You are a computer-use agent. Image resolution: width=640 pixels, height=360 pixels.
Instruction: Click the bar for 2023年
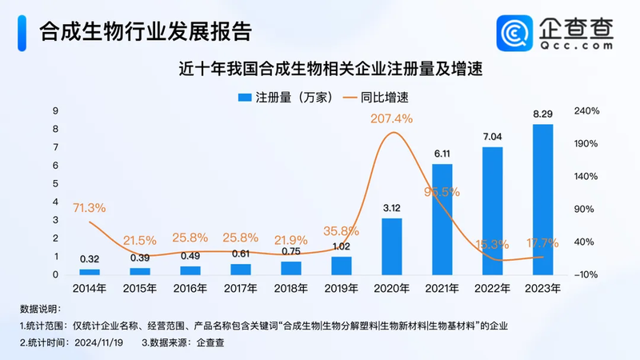[542, 199]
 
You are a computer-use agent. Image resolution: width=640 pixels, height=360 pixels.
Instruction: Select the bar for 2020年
[391, 246]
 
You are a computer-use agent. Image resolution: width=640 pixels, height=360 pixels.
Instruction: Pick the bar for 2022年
[492, 210]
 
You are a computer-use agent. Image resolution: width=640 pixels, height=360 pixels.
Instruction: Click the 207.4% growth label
[391, 118]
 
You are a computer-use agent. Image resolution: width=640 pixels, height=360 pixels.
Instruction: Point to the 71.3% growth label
[89, 207]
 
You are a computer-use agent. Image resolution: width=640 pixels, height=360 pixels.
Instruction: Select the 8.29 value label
[542, 115]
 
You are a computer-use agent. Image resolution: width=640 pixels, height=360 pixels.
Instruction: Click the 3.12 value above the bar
[391, 208]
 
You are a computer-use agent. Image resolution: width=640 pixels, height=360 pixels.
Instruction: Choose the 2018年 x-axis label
[290, 288]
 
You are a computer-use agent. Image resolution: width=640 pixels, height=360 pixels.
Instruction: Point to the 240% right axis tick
[586, 111]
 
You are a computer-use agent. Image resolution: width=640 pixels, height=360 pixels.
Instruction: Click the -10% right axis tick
[586, 274]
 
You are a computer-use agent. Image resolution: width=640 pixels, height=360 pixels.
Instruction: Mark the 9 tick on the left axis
[55, 111]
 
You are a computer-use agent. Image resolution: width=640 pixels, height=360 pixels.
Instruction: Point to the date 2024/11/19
[102, 342]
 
